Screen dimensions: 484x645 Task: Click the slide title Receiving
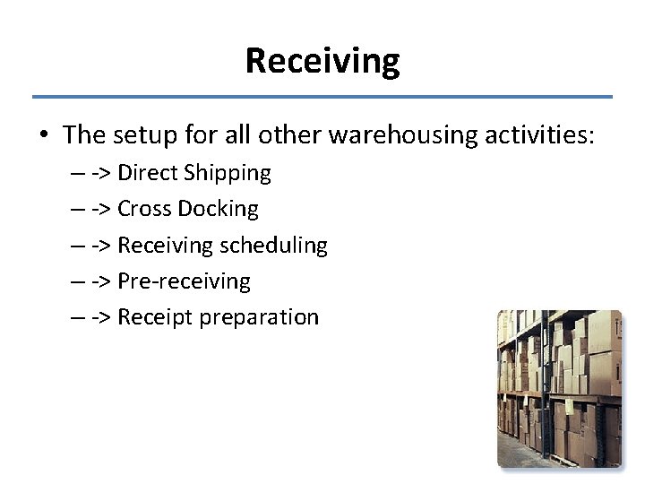point(322,61)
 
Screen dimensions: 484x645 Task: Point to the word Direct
point(148,172)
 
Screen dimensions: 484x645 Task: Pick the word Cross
point(144,209)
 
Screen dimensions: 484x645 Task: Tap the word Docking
point(218,210)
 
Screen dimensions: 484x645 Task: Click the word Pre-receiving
point(184,281)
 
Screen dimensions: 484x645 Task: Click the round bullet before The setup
point(44,136)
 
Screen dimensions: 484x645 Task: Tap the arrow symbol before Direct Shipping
point(101,173)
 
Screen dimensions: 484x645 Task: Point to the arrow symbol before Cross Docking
point(101,210)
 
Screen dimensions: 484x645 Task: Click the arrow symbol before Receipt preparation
point(101,317)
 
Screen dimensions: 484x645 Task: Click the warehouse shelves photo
point(559,388)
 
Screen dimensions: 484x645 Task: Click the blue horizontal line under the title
point(322,96)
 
